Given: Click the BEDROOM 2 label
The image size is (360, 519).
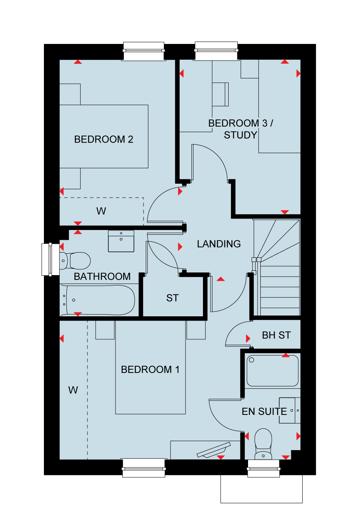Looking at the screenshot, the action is click(104, 139).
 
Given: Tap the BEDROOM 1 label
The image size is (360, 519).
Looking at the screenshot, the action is click(150, 370).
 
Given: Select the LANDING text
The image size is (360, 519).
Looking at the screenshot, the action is click(219, 244).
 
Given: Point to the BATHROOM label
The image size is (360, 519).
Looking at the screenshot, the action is click(102, 276).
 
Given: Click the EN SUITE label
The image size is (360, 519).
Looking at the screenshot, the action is click(264, 411).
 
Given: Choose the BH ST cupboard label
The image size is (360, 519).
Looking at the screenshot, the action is click(276, 335).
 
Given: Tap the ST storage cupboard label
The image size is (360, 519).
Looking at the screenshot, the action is click(172, 298).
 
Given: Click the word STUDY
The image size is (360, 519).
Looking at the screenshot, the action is click(241, 135).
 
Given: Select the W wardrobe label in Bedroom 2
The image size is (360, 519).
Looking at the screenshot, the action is click(101, 211).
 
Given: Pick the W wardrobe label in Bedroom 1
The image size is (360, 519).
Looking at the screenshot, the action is click(73, 390).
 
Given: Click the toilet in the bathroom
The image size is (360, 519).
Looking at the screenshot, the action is click(75, 261).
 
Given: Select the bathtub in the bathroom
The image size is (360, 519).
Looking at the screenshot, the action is click(97, 300).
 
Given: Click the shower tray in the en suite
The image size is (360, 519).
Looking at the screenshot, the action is click(273, 371).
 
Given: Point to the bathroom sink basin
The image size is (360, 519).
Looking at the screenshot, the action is click(121, 241).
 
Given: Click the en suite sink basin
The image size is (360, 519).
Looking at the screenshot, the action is click(290, 411).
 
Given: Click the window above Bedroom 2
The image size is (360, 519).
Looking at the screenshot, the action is click(144, 51).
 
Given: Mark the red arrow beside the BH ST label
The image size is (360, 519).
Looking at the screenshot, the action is click(248, 338).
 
